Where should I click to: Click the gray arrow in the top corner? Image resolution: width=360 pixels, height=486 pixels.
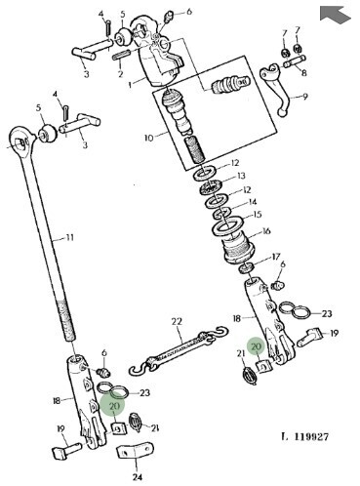pyautogui.click(x=335, y=15)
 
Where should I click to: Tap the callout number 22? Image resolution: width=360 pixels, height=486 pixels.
pyautogui.click(x=178, y=321)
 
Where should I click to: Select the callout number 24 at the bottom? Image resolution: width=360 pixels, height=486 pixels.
pyautogui.click(x=138, y=477)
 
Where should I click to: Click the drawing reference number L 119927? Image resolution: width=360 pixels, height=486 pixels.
pyautogui.click(x=305, y=436)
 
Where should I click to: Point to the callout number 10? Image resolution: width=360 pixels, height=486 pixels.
pyautogui.click(x=148, y=138)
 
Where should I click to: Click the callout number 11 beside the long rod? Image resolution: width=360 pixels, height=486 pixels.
pyautogui.click(x=69, y=237)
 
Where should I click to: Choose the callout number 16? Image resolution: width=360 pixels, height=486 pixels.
pyautogui.click(x=266, y=231)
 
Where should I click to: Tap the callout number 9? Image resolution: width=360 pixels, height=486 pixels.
pyautogui.click(x=304, y=97)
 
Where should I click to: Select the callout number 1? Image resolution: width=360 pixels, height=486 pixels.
pyautogui.click(x=130, y=85)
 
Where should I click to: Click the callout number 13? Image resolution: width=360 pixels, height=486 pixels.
pyautogui.click(x=241, y=176)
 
